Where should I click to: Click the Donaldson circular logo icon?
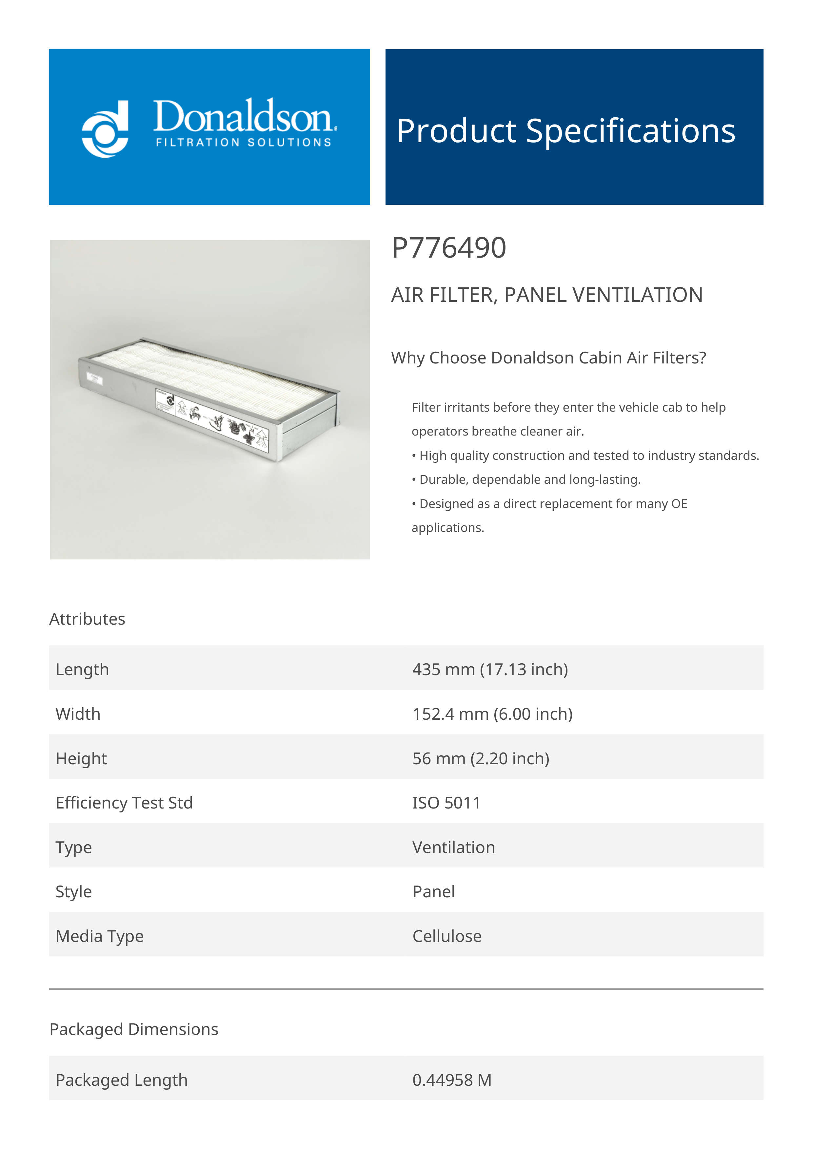coord(105,129)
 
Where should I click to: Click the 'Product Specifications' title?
coord(565,131)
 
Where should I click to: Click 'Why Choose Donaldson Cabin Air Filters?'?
coord(548,358)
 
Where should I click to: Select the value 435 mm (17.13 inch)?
coord(490,669)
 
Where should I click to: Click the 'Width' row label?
coord(78,714)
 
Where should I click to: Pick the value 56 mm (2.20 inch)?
coord(480,758)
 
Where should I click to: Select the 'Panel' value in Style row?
coord(433,891)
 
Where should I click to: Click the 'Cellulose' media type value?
coord(446,936)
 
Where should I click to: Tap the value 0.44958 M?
coord(451,1080)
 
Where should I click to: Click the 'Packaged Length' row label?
coord(122,1080)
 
